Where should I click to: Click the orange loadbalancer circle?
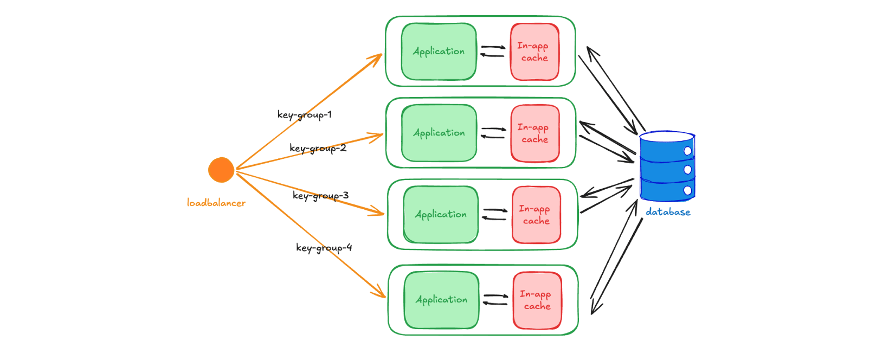[221, 170]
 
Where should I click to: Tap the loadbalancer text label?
[216, 203]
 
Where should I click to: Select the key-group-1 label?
[305, 114]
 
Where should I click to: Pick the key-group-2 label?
[318, 148]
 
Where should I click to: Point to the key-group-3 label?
[321, 195]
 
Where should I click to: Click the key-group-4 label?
[324, 248]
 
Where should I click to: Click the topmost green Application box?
[439, 52]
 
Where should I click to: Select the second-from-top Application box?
[439, 133]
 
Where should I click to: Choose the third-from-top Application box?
[441, 215]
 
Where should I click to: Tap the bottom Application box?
[441, 300]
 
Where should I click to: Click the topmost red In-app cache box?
[534, 52]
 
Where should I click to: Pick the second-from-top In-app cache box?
[535, 133]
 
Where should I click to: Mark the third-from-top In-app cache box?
[536, 215]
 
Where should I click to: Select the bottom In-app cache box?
[537, 300]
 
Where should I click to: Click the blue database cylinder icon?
[667, 166]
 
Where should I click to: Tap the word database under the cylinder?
[668, 212]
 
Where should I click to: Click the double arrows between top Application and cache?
[493, 51]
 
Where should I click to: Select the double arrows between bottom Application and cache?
[495, 299]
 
